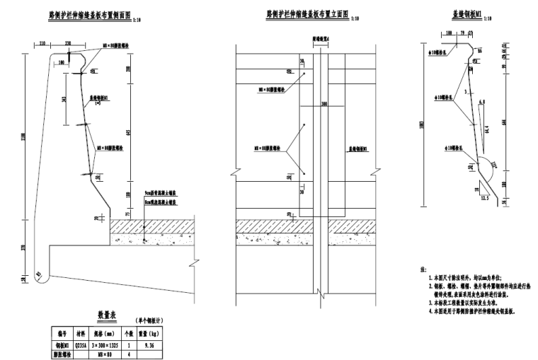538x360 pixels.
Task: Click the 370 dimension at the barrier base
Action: click(x=25, y=248)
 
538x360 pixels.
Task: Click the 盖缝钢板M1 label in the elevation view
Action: click(x=362, y=150)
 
